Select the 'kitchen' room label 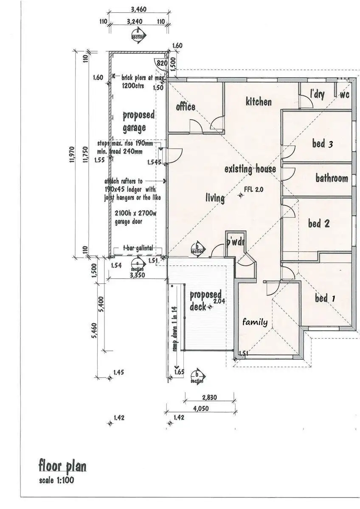(259, 102)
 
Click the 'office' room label (186, 106)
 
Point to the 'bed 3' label (322, 143)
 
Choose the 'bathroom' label (332, 178)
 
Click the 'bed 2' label (319, 223)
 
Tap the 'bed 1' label (325, 299)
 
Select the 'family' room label (255, 322)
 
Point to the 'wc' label (344, 95)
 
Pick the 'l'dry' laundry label (317, 94)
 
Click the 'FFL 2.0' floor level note (254, 190)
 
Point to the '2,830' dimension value (210, 397)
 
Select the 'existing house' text (250, 169)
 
